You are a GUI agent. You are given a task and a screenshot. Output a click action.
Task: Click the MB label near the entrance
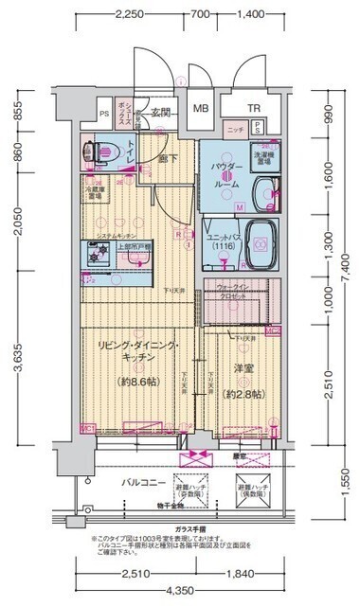pyautogui.click(x=200, y=108)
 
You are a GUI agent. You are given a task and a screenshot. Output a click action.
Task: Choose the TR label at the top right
pyautogui.click(x=254, y=108)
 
